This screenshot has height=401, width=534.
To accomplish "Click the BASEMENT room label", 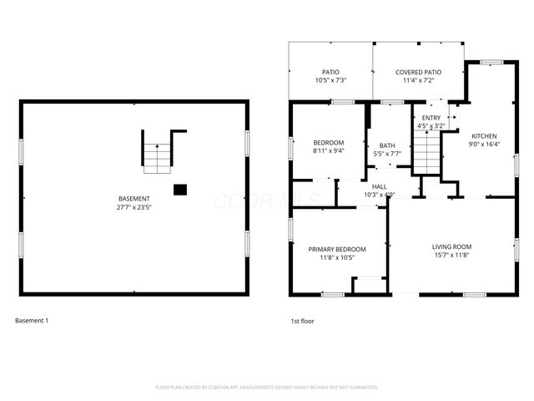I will (133, 198).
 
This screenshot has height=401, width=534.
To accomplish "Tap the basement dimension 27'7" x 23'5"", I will (133, 206).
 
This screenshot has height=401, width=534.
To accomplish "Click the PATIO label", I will (330, 72).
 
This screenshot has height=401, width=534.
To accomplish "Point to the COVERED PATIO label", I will (418, 72).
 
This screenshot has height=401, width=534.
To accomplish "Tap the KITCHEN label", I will (484, 135).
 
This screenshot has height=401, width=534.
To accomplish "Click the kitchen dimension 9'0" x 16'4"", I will (484, 144).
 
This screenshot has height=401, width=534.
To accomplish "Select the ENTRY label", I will (431, 118).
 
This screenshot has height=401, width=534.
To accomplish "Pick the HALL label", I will (380, 186).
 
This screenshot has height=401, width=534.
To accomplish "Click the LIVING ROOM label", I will (451, 246).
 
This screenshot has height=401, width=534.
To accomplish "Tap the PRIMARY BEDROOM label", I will (337, 249).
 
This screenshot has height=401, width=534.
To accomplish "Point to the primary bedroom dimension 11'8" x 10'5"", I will (337, 257).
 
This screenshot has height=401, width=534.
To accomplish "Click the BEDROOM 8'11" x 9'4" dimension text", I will (329, 151).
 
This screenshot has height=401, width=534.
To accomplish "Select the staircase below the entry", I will (426, 153).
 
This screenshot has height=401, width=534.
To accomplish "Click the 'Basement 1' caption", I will (32, 320).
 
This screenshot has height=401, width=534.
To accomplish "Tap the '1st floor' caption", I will (302, 320).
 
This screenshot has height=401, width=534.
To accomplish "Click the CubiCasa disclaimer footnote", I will (267, 388).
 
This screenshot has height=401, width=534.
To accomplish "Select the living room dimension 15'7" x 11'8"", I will (451, 255).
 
